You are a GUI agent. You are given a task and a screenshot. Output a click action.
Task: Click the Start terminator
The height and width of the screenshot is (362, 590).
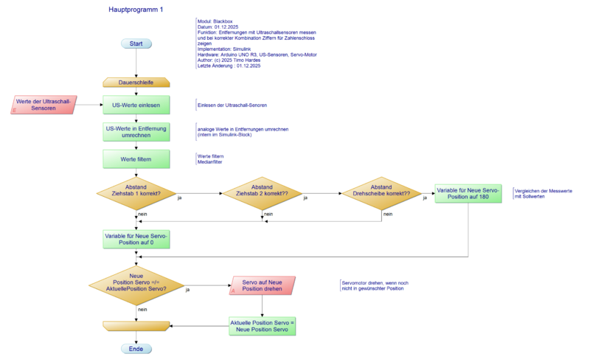click(136, 43)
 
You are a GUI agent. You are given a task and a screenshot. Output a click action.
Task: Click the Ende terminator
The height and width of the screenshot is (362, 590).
click(136, 349)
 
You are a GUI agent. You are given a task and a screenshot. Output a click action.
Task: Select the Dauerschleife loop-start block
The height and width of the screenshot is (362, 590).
click(136, 83)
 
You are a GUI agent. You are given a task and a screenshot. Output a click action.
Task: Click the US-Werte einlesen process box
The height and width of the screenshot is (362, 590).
click(136, 105)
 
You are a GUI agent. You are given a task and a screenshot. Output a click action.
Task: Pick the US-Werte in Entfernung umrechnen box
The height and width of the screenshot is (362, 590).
click(136, 132)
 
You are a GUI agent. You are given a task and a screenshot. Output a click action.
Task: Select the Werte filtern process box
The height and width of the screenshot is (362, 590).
click(136, 159)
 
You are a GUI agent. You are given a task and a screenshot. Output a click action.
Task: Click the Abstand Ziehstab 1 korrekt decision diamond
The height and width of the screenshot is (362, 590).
click(136, 192)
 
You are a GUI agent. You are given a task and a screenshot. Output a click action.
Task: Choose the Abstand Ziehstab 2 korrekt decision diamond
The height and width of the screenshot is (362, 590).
click(263, 192)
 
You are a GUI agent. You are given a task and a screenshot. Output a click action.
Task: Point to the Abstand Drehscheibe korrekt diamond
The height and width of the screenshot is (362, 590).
click(382, 192)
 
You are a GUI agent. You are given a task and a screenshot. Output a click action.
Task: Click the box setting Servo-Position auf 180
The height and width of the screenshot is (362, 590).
click(468, 193)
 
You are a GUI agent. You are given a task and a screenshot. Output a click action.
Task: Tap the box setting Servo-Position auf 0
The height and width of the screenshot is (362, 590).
click(136, 240)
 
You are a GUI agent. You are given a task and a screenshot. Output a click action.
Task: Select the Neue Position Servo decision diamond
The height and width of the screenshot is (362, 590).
click(136, 285)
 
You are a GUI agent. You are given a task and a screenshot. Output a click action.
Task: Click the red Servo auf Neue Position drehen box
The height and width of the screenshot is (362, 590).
click(263, 285)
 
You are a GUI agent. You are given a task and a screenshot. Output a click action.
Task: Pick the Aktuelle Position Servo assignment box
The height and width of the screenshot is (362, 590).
click(263, 326)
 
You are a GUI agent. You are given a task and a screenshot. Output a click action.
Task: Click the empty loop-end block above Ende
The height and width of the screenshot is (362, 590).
click(136, 326)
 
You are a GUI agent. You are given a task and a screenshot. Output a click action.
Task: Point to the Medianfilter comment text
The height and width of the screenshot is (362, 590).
click(211, 162)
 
